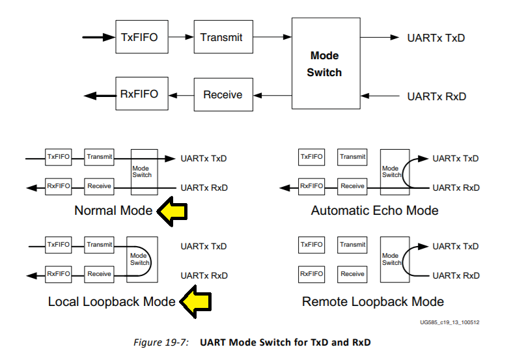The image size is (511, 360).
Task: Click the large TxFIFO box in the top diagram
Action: click(142, 37)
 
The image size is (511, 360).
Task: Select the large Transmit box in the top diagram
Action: click(223, 37)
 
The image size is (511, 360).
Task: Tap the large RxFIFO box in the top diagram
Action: click(142, 94)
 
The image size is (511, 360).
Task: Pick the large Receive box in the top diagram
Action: click(223, 94)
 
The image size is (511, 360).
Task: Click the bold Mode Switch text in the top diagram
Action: click(324, 64)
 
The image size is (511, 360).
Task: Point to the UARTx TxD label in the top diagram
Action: click(436, 38)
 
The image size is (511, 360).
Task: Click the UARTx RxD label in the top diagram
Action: click(437, 96)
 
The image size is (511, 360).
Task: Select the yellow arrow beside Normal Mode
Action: click(172, 212)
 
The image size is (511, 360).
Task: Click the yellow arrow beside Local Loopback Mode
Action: click(195, 301)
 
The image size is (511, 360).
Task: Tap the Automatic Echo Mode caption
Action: click(375, 210)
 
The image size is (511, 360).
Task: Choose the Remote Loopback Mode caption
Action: click(373, 301)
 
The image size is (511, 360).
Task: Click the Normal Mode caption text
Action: click(113, 210)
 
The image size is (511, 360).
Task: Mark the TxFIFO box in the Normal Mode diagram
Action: click(59, 157)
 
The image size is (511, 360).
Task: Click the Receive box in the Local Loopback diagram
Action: click(99, 274)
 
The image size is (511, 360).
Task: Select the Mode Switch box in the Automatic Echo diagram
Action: click(395, 172)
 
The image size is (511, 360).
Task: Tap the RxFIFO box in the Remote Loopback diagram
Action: click(312, 274)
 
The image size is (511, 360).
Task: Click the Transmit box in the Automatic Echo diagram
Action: click(352, 157)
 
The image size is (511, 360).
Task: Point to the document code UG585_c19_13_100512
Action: click(450, 322)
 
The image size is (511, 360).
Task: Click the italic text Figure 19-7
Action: click(161, 342)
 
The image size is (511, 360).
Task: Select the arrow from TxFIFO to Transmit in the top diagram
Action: click(181, 37)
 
